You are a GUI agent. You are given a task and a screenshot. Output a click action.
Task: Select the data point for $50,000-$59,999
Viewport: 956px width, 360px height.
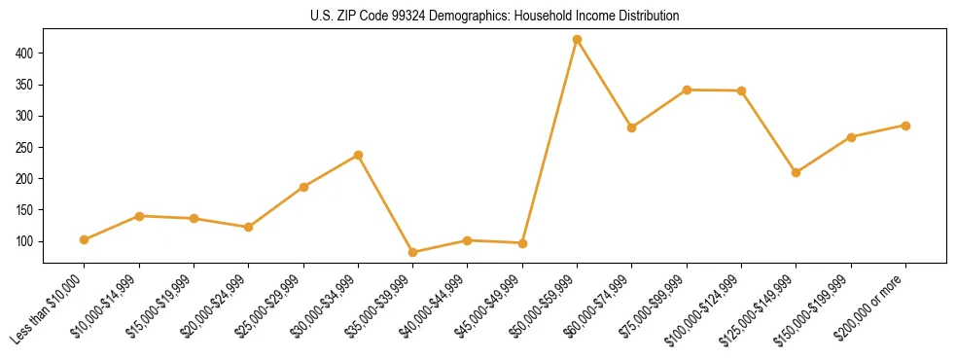tap(577, 39)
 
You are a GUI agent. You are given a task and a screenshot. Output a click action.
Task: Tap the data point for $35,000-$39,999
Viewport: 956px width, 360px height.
tap(413, 252)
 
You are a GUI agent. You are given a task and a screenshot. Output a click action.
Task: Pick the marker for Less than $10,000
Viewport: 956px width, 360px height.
tap(85, 239)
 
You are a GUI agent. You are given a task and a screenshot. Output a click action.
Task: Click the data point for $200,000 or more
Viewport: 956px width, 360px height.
tap(905, 126)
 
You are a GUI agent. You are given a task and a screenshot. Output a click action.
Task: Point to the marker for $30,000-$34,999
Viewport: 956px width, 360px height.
tap(358, 155)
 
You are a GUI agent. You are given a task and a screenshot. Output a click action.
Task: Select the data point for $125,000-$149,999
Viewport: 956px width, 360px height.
tap(796, 172)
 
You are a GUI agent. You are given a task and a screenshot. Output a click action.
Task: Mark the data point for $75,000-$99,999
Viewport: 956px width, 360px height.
tap(687, 90)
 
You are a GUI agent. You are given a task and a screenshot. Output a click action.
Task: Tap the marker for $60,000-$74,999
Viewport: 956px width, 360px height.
tap(632, 127)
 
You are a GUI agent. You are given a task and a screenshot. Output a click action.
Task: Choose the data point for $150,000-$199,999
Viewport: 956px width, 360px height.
tap(851, 137)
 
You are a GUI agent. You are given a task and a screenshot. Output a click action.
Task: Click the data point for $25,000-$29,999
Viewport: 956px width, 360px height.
tap(303, 187)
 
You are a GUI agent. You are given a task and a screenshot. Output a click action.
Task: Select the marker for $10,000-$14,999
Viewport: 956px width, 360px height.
tap(139, 216)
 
